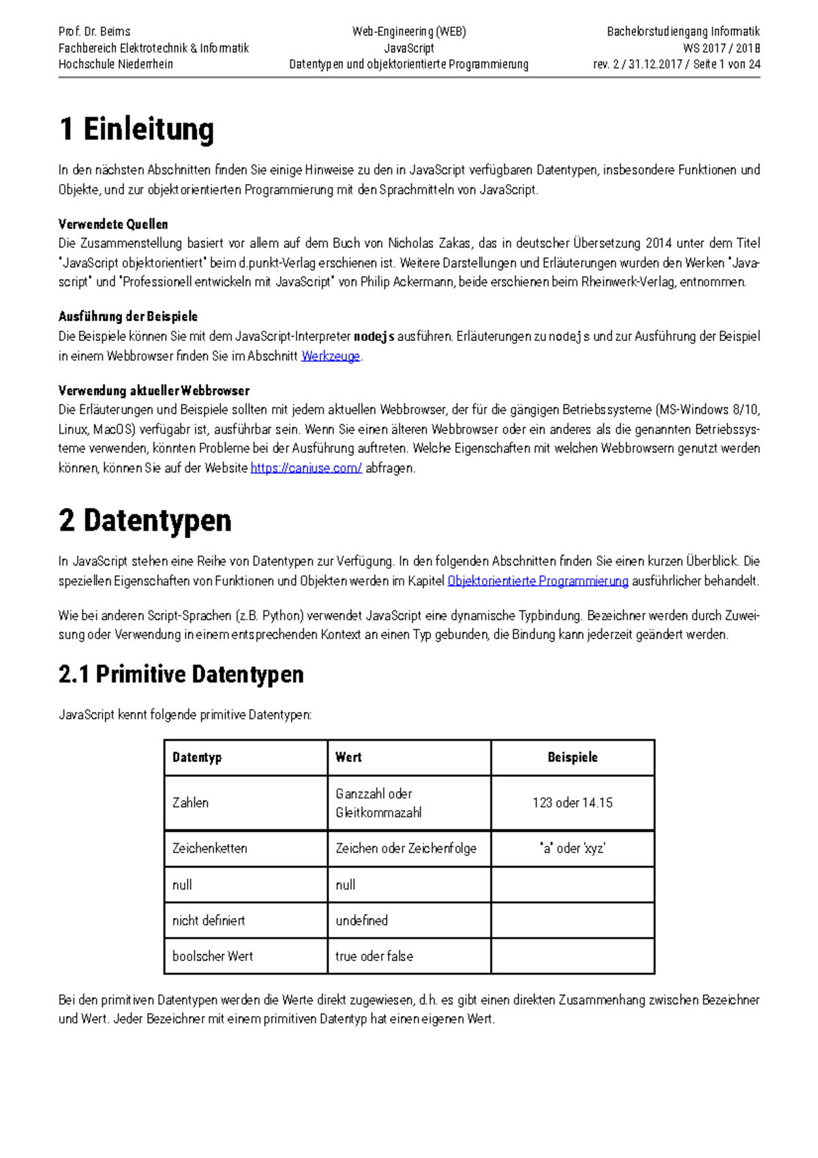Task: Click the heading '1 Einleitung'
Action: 136,129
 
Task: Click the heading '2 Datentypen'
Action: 145,520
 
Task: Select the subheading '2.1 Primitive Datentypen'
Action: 181,674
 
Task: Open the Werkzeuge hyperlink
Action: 331,356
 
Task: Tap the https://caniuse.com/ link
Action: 306,468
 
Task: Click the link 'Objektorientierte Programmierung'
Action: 538,581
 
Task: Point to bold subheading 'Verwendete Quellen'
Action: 113,224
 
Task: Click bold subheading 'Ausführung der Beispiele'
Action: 128,316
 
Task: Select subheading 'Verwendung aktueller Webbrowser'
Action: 154,391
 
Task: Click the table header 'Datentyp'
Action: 197,757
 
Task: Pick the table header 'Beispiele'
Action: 573,757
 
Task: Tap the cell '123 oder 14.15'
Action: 573,803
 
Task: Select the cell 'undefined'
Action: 362,920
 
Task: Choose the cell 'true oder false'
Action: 374,956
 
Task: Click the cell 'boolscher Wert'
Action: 213,956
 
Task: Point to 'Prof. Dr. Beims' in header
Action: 95,31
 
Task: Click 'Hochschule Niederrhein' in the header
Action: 116,64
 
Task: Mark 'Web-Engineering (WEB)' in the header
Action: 409,31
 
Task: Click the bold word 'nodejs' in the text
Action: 374,336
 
